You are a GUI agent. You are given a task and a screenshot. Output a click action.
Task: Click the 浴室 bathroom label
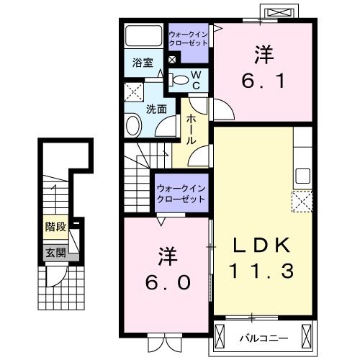point(142,63)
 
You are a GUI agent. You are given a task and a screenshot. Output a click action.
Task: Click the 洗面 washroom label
point(157,109)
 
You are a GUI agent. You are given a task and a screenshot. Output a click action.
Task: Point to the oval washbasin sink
point(133,127)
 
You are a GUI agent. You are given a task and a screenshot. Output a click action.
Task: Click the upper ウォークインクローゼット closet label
point(188,38)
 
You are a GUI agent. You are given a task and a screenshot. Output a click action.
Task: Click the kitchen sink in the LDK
point(302,175)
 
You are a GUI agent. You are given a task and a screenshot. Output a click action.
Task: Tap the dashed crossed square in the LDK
point(301,200)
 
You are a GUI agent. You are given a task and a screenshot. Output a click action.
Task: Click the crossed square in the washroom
point(133,91)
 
